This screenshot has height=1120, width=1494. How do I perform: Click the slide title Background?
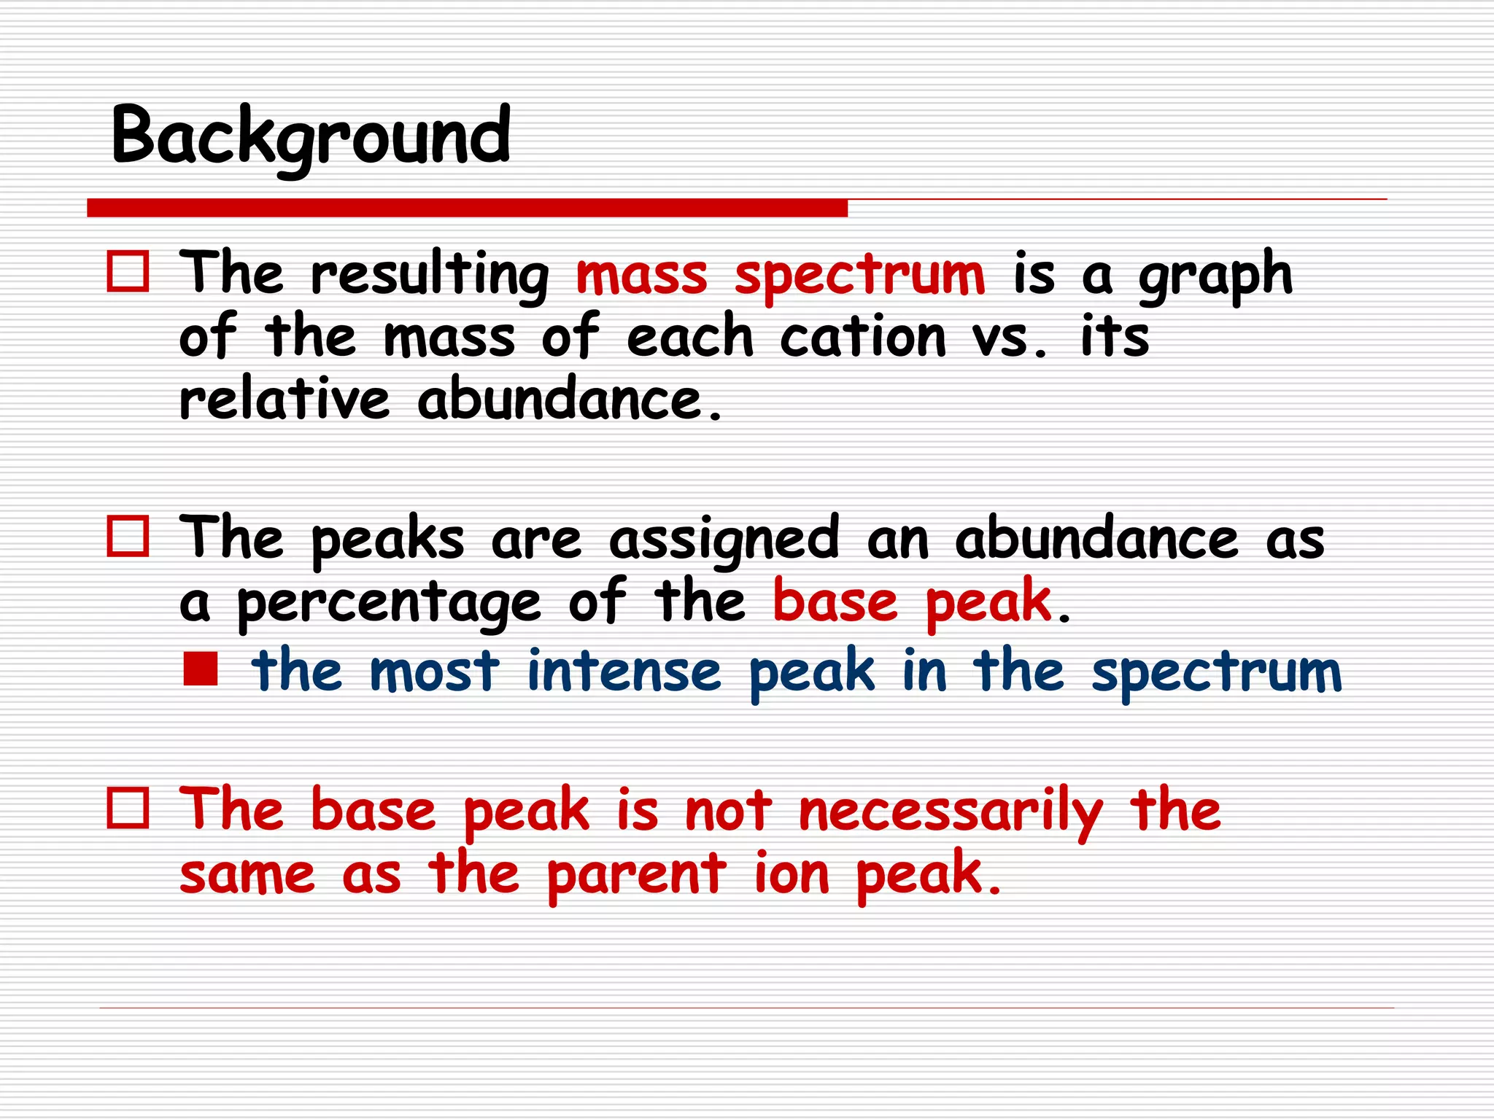[311, 137]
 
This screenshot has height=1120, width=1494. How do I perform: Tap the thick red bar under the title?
[467, 208]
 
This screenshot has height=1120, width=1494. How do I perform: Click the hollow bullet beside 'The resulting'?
[128, 272]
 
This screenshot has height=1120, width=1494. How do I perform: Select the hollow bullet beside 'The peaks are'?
[128, 537]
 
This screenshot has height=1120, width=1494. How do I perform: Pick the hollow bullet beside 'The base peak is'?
[128, 808]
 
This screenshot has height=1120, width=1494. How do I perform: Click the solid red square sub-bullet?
[201, 669]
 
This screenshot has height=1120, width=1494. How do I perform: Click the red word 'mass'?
[641, 276]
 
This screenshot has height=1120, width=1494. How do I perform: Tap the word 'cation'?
[863, 337]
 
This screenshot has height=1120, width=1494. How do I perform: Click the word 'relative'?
[285, 400]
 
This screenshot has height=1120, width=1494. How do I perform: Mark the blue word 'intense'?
[624, 671]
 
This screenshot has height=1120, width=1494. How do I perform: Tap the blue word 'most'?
[435, 671]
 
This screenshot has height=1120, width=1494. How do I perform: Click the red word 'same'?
[247, 875]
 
